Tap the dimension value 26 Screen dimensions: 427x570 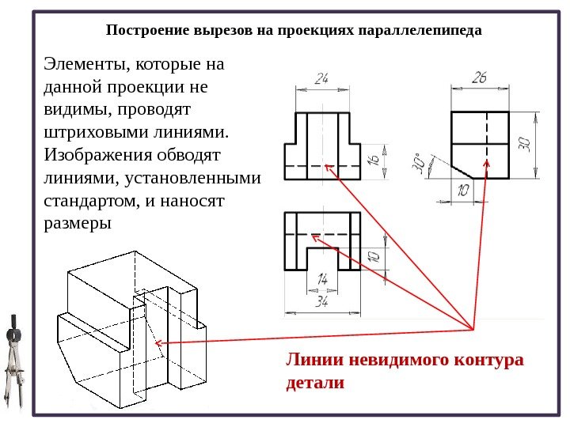click(480, 78)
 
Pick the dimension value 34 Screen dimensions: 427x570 click(322, 300)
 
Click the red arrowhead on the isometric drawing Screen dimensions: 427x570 click(158, 342)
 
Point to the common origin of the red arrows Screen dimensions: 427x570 click(473, 328)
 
